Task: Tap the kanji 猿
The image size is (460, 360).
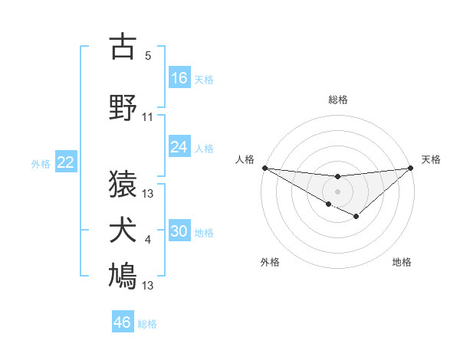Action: click(123, 184)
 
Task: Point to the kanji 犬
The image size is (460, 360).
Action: click(123, 231)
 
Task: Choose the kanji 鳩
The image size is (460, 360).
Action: click(123, 277)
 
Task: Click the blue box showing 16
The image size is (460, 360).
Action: click(179, 78)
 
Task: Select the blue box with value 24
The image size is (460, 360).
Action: click(179, 147)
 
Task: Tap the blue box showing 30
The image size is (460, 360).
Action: click(179, 232)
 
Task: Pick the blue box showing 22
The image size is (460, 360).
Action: click(66, 162)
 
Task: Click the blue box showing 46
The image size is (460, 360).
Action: click(123, 322)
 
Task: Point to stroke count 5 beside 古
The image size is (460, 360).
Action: click(148, 56)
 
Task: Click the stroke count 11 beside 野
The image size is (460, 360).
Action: click(148, 117)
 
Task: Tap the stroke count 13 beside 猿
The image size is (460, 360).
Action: click(148, 194)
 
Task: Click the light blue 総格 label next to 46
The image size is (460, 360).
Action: click(148, 324)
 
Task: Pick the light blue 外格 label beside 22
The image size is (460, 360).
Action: click(41, 163)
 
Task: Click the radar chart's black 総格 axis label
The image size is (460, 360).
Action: click(338, 100)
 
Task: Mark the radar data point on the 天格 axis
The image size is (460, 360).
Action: click(411, 167)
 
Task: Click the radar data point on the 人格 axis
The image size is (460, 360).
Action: click(264, 167)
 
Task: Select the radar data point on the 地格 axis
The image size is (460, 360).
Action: click(356, 218)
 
